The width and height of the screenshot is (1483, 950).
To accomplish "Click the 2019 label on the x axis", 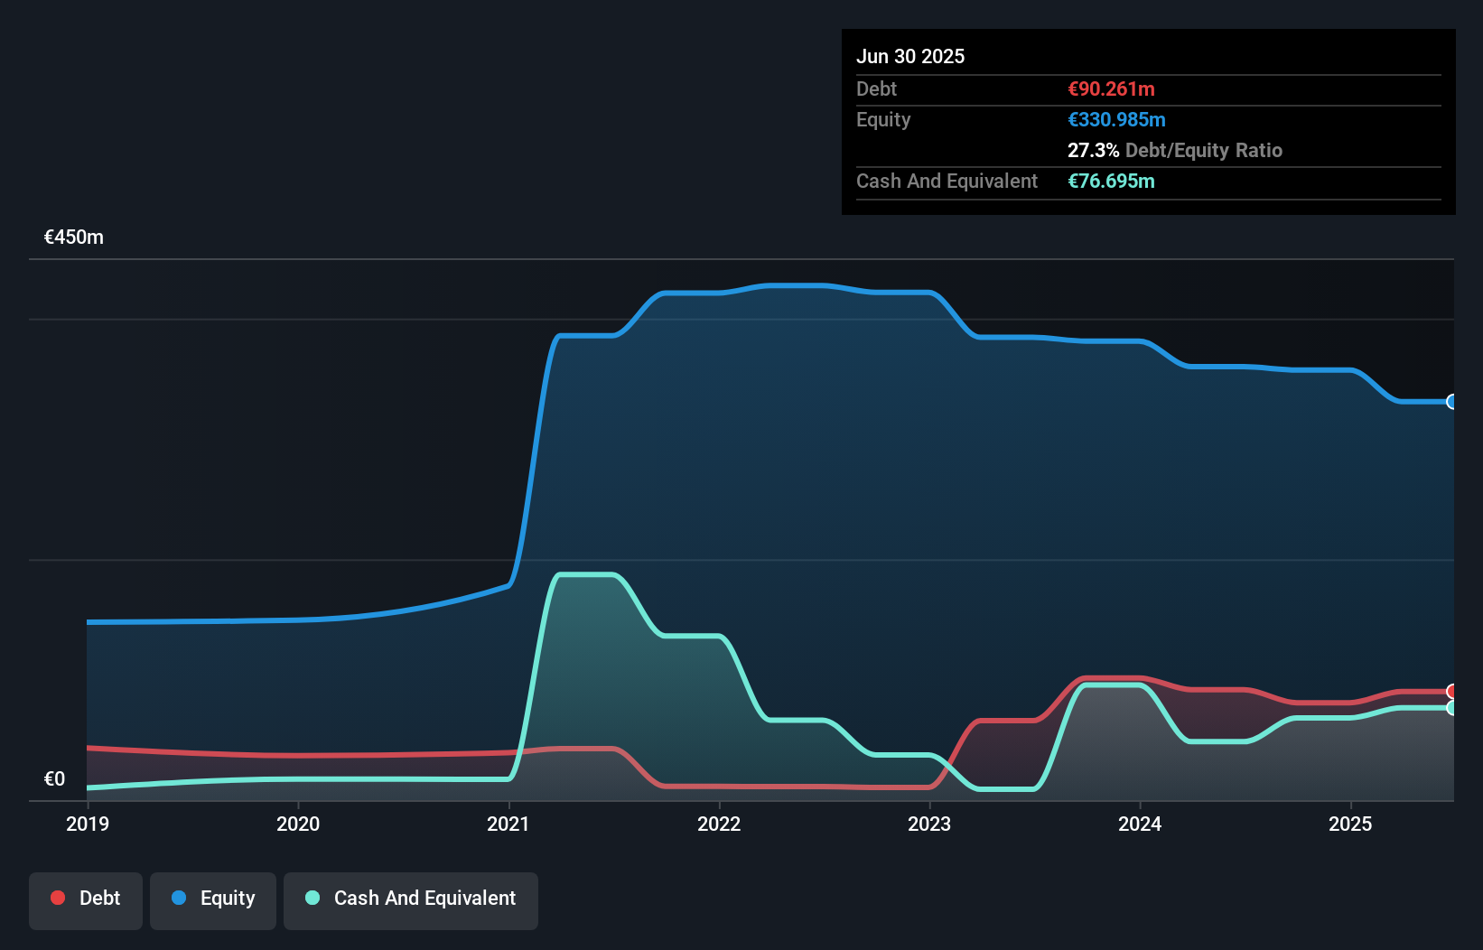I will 88,824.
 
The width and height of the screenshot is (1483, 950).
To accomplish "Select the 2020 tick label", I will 298,824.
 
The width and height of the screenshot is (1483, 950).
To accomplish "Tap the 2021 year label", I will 508,824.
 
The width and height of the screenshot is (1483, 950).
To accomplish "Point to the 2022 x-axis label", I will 719,824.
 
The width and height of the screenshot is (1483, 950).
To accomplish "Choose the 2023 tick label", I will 929,824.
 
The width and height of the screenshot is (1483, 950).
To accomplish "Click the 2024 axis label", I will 1140,824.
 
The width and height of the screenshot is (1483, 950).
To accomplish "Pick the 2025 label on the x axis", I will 1350,824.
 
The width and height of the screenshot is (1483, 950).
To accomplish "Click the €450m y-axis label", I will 74,237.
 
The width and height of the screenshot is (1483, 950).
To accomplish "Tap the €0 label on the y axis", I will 54,778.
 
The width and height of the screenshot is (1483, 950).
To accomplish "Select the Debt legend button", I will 86,899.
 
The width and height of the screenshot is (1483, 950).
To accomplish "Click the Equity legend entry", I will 213,899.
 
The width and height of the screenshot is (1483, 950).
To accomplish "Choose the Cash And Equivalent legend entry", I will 411,899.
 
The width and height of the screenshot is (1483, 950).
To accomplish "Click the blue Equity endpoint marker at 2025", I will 1451,402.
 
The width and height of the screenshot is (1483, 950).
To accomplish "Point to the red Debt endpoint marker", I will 1451,692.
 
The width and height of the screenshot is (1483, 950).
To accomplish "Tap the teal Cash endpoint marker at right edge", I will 1451,708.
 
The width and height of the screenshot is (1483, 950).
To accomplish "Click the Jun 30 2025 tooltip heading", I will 910,56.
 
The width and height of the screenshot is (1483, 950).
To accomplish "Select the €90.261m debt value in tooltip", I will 1111,88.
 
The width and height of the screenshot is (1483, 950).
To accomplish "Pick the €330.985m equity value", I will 1116,119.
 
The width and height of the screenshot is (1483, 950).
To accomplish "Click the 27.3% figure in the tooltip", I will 1093,150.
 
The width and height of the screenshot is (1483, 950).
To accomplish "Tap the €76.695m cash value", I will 1111,181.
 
